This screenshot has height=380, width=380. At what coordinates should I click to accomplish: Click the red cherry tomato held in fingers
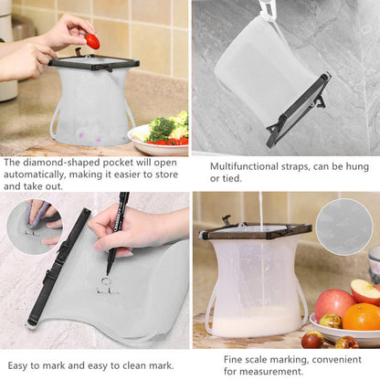point(92,41)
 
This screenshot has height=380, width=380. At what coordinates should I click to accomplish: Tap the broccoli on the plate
point(162,128)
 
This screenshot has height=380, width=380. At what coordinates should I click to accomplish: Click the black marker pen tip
point(110,270)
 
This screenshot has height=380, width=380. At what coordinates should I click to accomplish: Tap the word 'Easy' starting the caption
point(18,357)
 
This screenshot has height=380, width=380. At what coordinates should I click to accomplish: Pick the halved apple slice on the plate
point(366,291)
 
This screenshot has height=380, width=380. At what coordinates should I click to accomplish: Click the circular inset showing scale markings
point(344,227)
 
